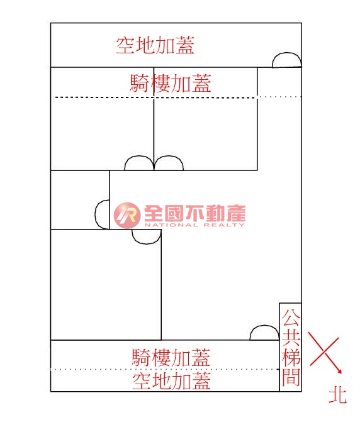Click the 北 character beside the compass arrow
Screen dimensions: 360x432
(338, 396)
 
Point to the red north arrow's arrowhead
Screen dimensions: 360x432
(340, 371)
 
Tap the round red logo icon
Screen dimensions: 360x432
(127, 216)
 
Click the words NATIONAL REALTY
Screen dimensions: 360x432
(194, 225)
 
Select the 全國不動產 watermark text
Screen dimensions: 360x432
(194, 213)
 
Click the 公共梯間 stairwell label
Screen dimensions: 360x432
(291, 347)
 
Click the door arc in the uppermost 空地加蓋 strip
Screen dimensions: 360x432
(286, 53)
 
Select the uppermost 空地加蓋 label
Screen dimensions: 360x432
(155, 45)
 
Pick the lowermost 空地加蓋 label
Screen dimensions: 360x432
(171, 381)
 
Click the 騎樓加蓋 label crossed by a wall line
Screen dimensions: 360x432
(171, 83)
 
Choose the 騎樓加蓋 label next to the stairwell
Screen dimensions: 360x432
(171, 357)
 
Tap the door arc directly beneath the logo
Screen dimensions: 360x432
(146, 243)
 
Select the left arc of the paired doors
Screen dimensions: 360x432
(139, 157)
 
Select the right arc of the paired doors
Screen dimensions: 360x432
(169, 157)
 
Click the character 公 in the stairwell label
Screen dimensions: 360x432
(291, 318)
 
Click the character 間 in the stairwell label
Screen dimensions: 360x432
(291, 377)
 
